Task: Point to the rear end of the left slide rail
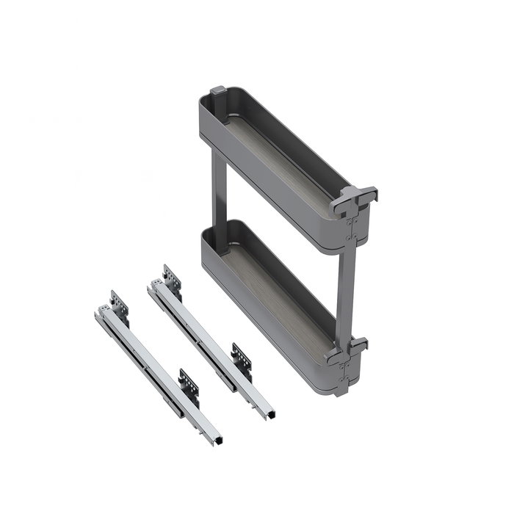coord(100,314)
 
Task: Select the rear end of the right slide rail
coord(153,287)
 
